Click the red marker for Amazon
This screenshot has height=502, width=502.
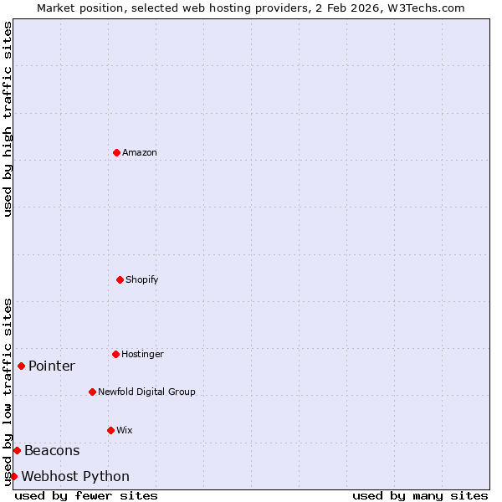coord(116,152)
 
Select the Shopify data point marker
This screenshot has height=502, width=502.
coord(120,279)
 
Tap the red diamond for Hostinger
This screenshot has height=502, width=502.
coord(115,354)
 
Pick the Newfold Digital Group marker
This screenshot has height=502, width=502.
coord(92,392)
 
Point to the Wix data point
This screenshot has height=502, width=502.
coord(110,430)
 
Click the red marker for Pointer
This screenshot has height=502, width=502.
coord(21,366)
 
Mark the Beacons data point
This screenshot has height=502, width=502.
coord(17,450)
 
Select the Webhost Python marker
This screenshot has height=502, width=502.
coord(13,476)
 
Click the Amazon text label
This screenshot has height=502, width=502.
coord(140,152)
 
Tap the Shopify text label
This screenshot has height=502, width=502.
coord(142,279)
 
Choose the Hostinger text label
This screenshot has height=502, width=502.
coord(142,354)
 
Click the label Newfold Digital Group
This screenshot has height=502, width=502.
coord(146,392)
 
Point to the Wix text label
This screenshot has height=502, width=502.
coord(125,430)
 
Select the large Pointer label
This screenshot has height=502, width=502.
coord(52,366)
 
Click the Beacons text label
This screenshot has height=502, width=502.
coord(52,450)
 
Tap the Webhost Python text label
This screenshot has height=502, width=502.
coord(75,476)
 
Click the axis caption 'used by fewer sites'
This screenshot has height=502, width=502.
coord(86,495)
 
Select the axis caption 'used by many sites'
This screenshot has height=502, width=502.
coord(420,495)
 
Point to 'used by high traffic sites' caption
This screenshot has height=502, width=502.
coord(8,119)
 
